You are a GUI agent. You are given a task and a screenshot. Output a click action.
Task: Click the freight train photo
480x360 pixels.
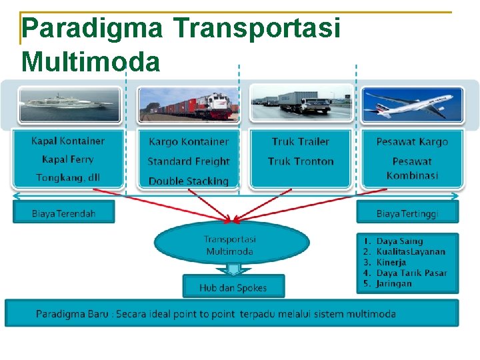pos(188,105)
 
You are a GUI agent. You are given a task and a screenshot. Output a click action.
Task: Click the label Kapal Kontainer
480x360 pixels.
pos(68,141)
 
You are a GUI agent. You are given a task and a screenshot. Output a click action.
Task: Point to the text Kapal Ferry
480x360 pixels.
pos(68,159)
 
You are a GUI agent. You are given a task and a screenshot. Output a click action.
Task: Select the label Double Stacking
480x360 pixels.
pos(188,181)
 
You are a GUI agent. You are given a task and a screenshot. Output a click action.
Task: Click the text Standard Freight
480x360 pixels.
pos(188,161)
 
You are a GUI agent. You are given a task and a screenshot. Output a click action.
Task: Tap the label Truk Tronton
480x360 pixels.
pos(301,161)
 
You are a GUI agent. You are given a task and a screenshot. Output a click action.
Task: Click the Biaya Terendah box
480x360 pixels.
pos(64,213)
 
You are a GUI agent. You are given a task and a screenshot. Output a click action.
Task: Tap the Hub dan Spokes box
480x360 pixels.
pos(233,288)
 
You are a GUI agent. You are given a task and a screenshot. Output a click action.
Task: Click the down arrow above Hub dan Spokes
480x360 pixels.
pos(233,269)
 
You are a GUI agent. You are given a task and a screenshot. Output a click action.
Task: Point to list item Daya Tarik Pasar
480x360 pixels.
pos(411,273)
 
